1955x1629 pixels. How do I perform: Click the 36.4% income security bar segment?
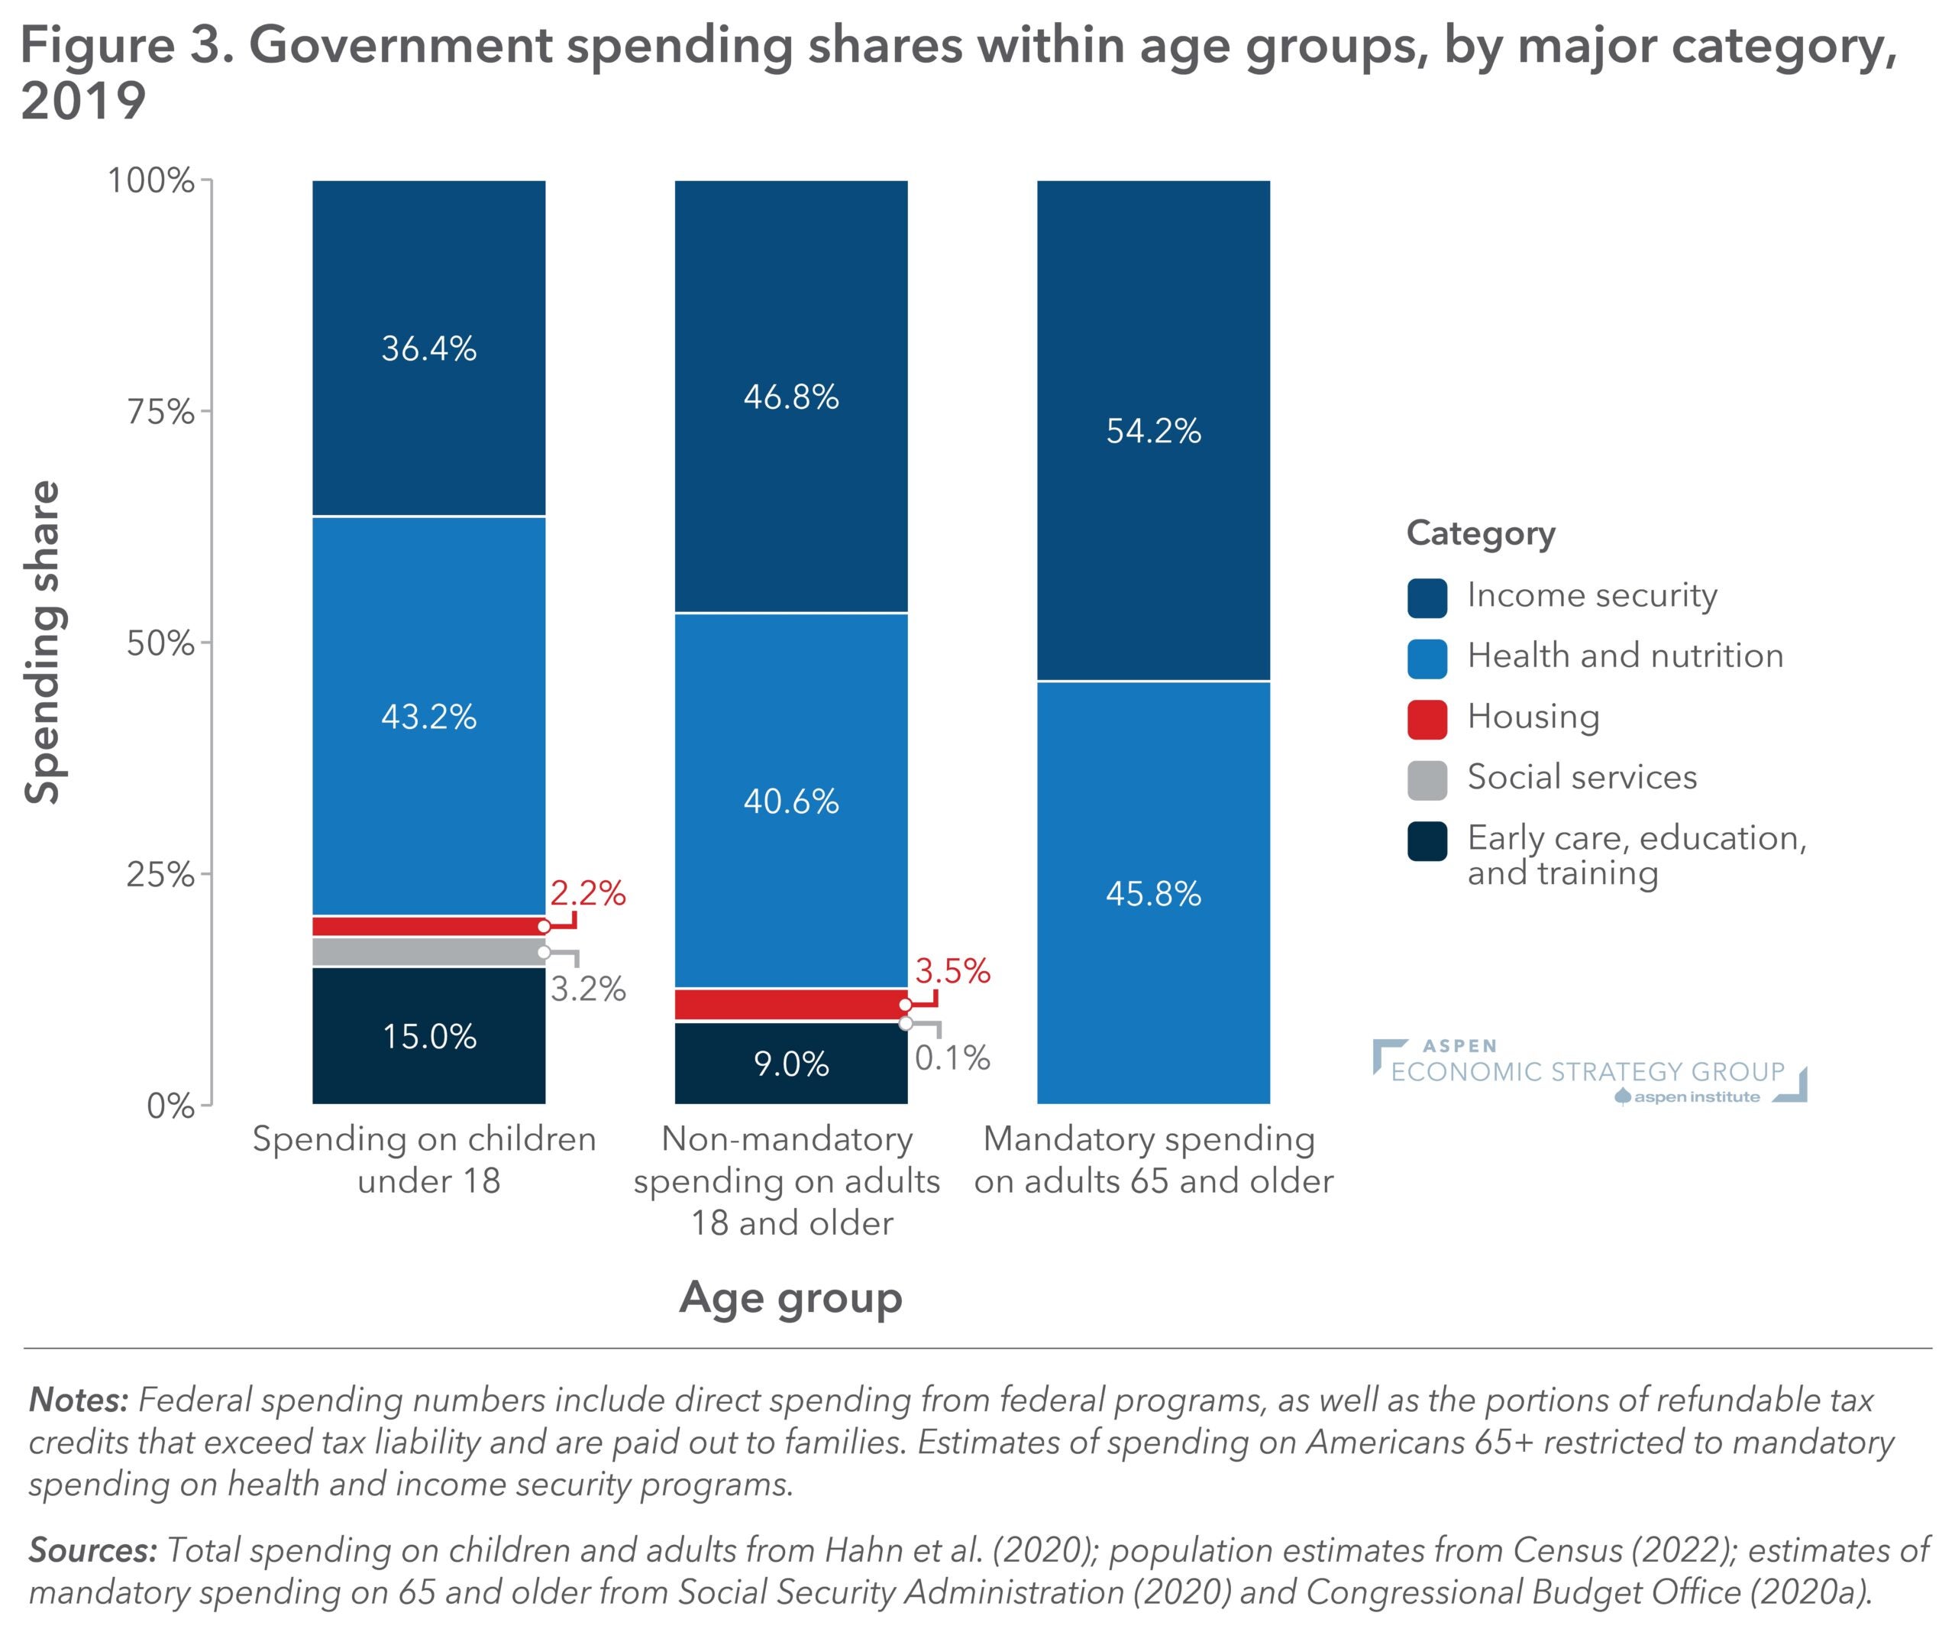click(428, 348)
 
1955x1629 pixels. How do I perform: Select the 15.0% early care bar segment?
click(428, 1036)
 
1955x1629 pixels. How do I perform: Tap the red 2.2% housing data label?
click(587, 893)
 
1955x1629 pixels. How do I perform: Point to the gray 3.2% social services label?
click(587, 988)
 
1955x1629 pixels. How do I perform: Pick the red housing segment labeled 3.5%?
click(790, 1004)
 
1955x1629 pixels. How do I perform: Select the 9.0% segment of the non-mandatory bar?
click(790, 1063)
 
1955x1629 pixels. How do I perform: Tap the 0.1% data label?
click(952, 1057)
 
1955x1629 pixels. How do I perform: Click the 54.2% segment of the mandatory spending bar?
click(1153, 430)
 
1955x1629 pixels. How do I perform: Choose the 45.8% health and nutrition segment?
click(1153, 893)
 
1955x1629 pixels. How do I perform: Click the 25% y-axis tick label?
click(160, 875)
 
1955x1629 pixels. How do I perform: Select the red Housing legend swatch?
click(1427, 719)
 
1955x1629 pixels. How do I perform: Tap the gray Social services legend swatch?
click(1427, 779)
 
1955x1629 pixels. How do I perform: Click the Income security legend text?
click(1592, 595)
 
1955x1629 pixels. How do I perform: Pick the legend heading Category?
click(1480, 533)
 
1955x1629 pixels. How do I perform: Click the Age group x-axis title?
click(790, 1297)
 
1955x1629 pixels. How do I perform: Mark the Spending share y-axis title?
click(42, 642)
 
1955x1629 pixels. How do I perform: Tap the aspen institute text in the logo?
click(1696, 1097)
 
